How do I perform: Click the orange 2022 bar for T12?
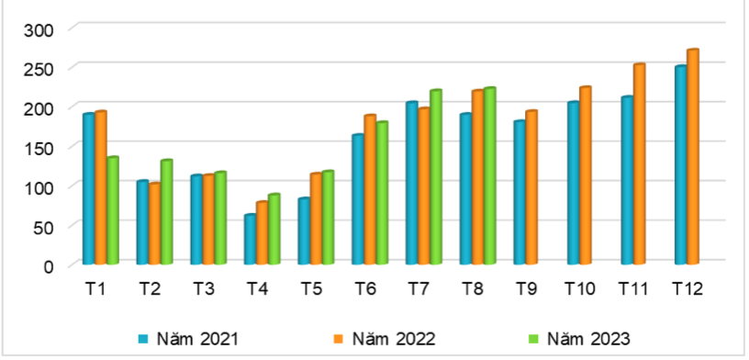pyautogui.click(x=692, y=157)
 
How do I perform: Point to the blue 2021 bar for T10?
pyautogui.click(x=573, y=184)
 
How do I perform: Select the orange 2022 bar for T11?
pyautogui.click(x=639, y=164)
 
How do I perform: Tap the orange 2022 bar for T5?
pyautogui.click(x=316, y=219)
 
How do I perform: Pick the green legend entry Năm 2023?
pyautogui.click(x=587, y=338)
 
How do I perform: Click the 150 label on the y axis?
pyautogui.click(x=42, y=147)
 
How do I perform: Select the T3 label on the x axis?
pyautogui.click(x=204, y=289)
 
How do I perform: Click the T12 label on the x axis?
pyautogui.click(x=687, y=289)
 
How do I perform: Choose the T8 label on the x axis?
pyautogui.click(x=472, y=289)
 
